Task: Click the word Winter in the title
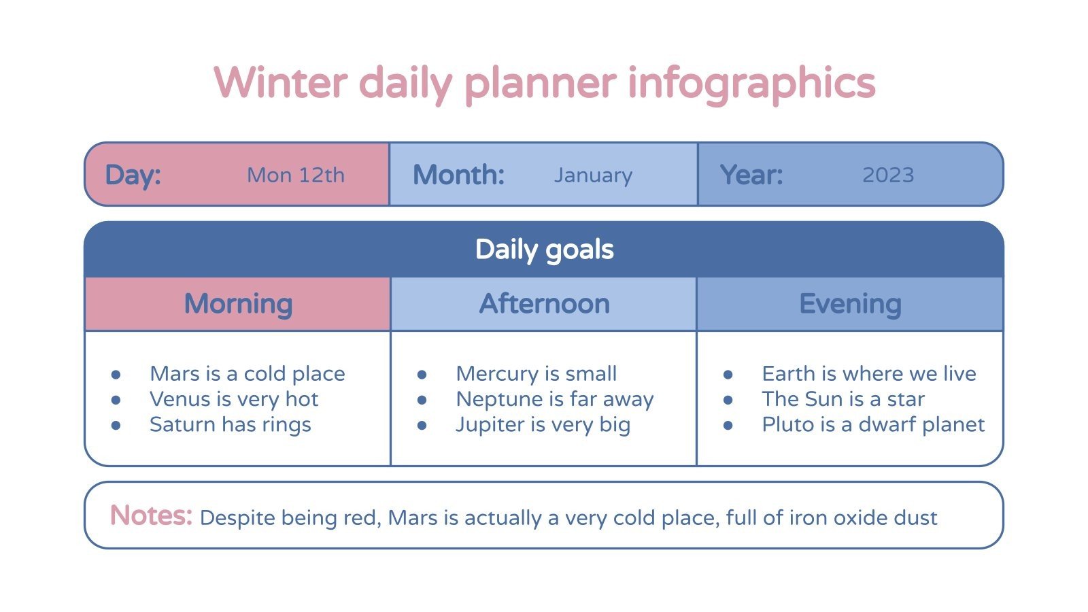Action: (281, 83)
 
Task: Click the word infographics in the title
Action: (751, 83)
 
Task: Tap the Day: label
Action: (133, 175)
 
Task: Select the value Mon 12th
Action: (296, 175)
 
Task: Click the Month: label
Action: (458, 175)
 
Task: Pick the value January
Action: (593, 175)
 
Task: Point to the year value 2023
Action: (887, 175)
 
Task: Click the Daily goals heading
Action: (544, 250)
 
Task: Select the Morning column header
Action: (238, 304)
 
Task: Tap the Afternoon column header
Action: (544, 304)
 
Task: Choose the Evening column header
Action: (850, 304)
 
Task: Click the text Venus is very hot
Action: (234, 399)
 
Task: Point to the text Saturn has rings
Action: (230, 425)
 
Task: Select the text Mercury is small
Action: (536, 374)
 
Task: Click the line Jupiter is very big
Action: (543, 425)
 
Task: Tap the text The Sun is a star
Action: (843, 399)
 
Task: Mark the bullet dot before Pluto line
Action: (728, 426)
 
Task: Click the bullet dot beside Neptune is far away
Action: (422, 400)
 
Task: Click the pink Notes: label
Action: (151, 515)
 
